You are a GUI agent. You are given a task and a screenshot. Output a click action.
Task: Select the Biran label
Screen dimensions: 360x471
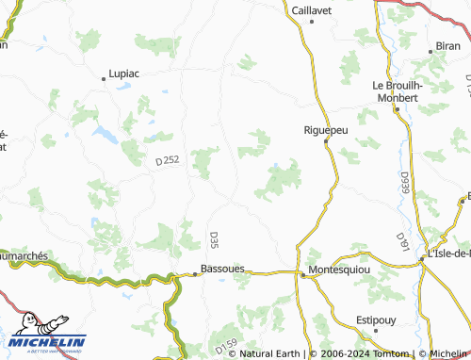point(448,45)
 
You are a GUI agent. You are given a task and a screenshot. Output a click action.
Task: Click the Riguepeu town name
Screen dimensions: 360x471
point(326,130)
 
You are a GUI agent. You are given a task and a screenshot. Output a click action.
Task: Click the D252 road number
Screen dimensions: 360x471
point(167,162)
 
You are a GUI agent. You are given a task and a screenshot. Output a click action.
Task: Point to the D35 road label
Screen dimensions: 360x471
point(213,239)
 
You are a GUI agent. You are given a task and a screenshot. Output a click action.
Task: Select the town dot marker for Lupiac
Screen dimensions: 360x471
point(105,72)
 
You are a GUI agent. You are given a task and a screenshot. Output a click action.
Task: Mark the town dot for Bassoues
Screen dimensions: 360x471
point(196,274)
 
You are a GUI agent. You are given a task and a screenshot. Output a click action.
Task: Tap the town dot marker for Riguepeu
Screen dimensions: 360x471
point(326,141)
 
